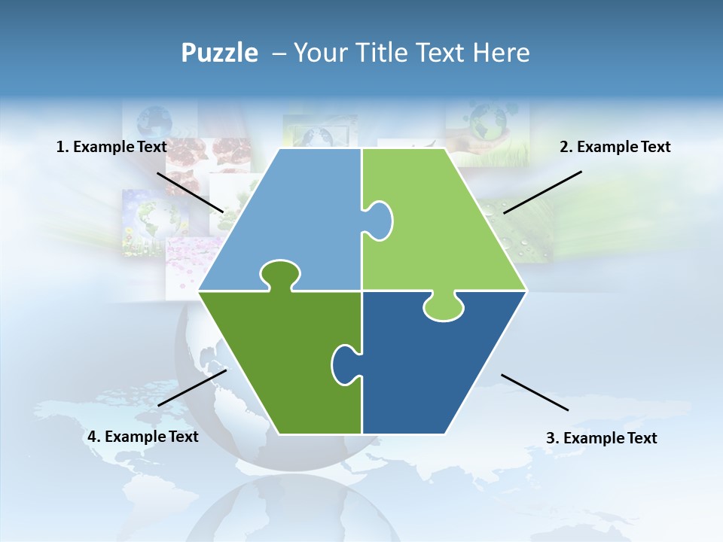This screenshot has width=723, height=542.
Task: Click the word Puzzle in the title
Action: pos(219,53)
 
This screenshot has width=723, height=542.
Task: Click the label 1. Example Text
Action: pos(111,147)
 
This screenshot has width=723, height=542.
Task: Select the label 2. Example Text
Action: pos(615,147)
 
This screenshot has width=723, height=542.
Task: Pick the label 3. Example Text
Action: pos(601,438)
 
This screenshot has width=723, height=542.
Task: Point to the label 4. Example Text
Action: pos(143,437)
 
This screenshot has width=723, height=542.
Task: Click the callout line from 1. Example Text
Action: pos(190,192)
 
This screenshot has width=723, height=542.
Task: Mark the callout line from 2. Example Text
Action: pos(542,192)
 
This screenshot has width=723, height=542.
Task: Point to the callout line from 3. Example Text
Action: pos(535,392)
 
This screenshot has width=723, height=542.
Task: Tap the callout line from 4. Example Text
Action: pos(192,388)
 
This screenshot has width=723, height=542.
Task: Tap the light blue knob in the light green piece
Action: pos(379,221)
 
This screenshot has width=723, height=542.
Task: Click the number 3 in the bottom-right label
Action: pos(550,438)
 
